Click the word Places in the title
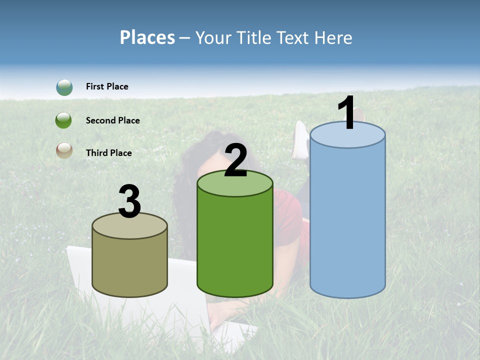[147, 37]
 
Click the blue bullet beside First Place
[64, 87]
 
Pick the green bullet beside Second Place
[64, 120]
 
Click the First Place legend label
[107, 86]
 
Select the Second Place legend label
[112, 120]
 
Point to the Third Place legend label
[108, 153]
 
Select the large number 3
[130, 201]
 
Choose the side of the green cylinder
[235, 245]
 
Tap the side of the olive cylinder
[130, 265]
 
